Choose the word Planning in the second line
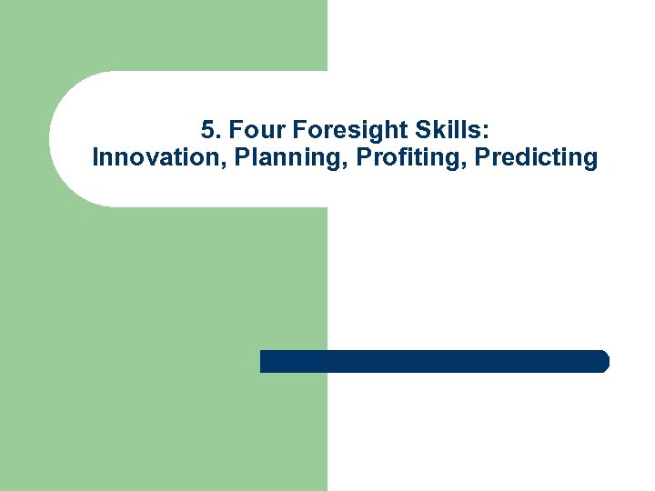[x=288, y=157]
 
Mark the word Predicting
[x=537, y=157]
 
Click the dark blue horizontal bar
[x=434, y=361]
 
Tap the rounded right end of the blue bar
[x=603, y=361]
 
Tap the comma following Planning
[x=348, y=165]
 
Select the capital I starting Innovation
[x=96, y=157]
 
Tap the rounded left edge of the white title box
[x=53, y=139]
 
